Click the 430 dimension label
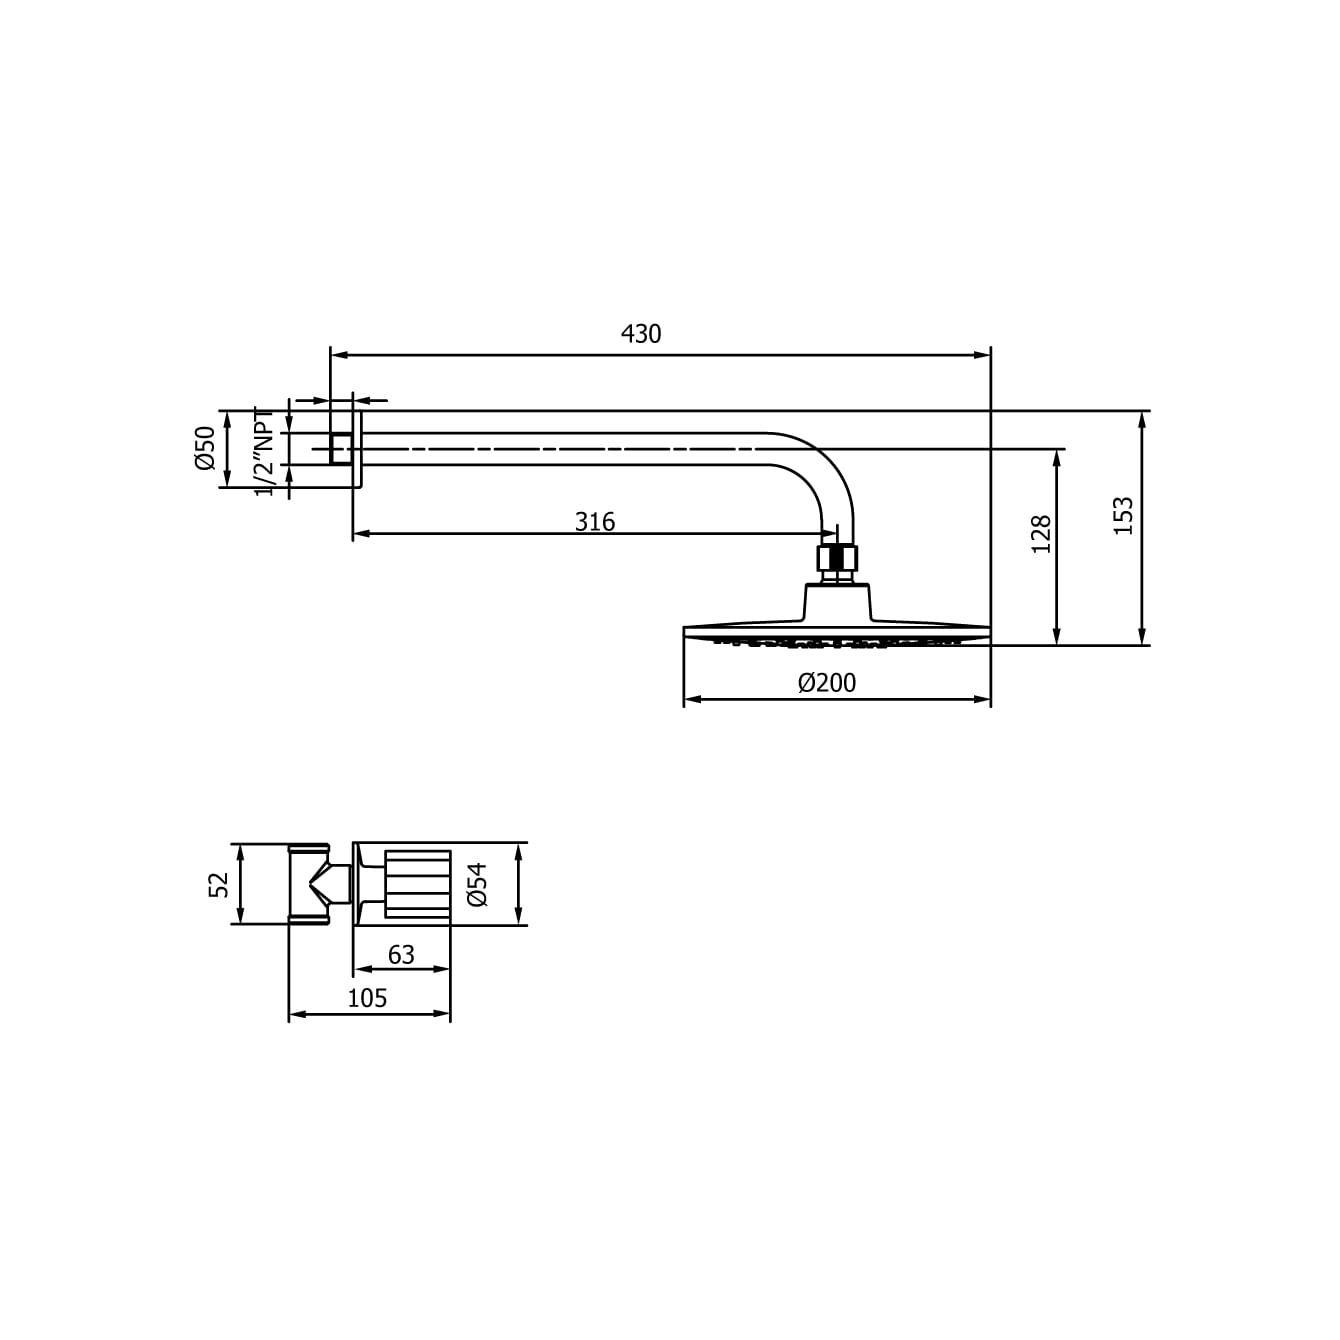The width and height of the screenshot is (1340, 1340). coord(640,334)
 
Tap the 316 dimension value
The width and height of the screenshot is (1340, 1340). coord(595,521)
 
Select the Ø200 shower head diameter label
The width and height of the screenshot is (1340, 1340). coord(827,683)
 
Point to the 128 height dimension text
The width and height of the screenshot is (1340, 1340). coord(1041,534)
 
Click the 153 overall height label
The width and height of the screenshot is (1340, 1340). coord(1124,515)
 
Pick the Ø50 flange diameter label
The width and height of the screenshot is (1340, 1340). coord(206,449)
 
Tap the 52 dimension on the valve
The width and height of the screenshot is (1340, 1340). coord(218,885)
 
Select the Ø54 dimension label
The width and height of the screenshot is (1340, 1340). coord(478,885)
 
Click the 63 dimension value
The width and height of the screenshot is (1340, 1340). coord(401,955)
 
